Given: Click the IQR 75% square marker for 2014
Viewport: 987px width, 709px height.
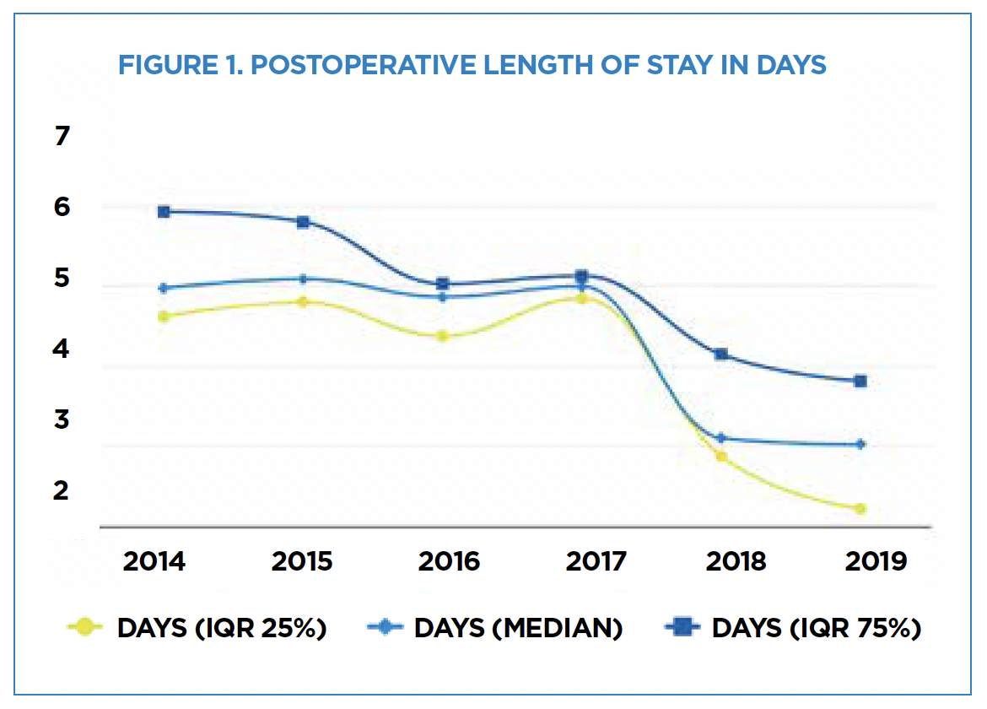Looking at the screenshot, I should pos(164,212).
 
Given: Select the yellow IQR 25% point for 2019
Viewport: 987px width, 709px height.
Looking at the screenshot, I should pos(860,508).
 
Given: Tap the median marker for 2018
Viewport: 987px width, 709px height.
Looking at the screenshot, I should pos(720,438).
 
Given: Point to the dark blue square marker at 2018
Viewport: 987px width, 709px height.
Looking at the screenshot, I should pos(720,354).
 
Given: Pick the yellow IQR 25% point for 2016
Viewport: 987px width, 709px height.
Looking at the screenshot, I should pos(442,336).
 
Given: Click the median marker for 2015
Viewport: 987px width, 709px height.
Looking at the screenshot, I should pos(303,279).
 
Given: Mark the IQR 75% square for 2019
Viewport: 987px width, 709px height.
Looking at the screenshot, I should pos(860,382).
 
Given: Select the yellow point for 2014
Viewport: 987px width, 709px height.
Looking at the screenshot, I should pos(164,317).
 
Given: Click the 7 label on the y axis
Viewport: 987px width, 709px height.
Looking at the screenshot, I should pos(61,136).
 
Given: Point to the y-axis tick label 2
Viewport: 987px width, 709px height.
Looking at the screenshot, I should pos(61,490).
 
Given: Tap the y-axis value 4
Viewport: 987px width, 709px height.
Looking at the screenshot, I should pos(61,349).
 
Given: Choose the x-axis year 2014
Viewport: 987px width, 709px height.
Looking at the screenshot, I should pos(154,561).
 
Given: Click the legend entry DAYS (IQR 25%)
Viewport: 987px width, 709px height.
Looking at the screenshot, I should pos(221,628).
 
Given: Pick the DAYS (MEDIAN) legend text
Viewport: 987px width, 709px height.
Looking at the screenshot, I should pos(518,628).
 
